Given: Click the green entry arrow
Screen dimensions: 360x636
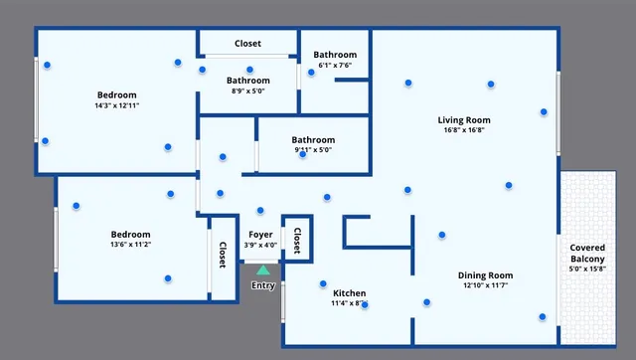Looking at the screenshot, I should [x=262, y=269].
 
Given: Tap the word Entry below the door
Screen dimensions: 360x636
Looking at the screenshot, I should [x=262, y=286].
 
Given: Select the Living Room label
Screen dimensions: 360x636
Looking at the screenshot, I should [x=464, y=120].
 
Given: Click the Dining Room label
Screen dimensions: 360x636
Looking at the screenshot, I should [x=485, y=274].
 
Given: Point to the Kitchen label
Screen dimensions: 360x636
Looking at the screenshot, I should [x=349, y=293].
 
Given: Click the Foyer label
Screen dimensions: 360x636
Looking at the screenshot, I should [x=260, y=235].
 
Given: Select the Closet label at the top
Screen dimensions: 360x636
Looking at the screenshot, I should [x=247, y=44].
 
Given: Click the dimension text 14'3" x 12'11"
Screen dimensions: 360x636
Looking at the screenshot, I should [x=116, y=104].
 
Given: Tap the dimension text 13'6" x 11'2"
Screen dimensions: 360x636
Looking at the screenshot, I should [x=130, y=244].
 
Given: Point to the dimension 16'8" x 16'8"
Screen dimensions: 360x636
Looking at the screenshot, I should [x=464, y=130].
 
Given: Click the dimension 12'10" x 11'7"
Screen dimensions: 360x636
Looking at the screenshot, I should [x=485, y=285].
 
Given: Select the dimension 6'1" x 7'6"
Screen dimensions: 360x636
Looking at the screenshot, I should [x=335, y=66].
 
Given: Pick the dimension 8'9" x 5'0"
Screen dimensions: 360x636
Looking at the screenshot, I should [x=247, y=91].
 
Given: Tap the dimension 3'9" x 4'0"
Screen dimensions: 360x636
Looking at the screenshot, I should [x=260, y=245].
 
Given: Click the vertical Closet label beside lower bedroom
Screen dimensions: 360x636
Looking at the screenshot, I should [x=222, y=256].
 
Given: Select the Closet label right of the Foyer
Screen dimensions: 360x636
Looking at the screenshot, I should [x=297, y=239].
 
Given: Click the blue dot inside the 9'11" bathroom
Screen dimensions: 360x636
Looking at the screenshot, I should [x=302, y=153].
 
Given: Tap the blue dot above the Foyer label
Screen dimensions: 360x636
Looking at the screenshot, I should [x=260, y=210].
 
